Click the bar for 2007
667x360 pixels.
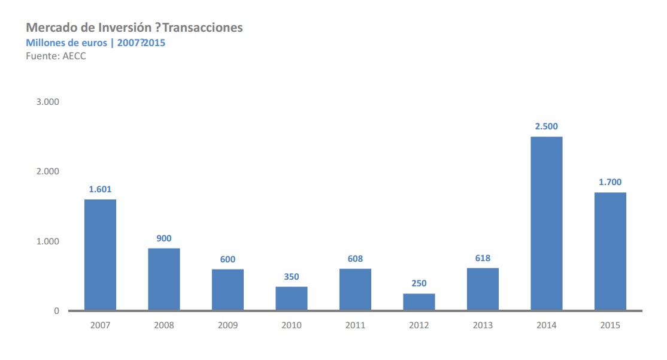[100, 255]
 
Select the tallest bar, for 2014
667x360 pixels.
[546, 223]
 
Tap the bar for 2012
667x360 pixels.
[419, 302]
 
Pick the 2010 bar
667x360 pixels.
[292, 298]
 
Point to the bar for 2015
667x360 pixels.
[610, 251]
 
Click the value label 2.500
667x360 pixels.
[546, 126]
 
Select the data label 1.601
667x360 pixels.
[100, 189]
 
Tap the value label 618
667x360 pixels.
[483, 258]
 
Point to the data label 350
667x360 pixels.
[292, 277]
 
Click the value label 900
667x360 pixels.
[164, 238]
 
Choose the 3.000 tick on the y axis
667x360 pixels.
[48, 102]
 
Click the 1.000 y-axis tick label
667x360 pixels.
[48, 241]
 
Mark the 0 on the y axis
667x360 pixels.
[57, 311]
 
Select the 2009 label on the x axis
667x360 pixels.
[228, 326]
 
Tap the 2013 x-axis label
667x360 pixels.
[483, 326]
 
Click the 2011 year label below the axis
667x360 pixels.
[355, 326]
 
